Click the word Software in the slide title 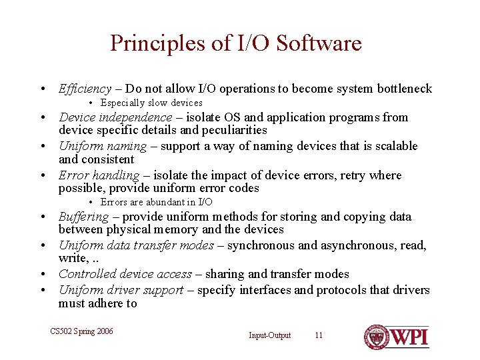pos(319,44)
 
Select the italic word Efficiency pos(85,89)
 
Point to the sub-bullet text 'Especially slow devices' pos(151,103)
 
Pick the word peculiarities pos(231,131)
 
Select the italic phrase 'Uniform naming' pos(102,146)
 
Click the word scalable pos(393,146)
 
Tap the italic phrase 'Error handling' pos(99,175)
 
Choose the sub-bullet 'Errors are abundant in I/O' pos(157,202)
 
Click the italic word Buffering pos(83,217)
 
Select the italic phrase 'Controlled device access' pos(125,274)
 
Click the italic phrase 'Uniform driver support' pos(121,290)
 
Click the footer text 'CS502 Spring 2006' pos(82,331)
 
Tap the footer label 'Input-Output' pos(270,335)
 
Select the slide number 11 pos(319,335)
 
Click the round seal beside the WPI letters pos(376,337)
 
